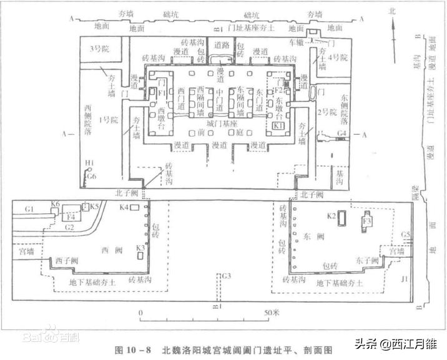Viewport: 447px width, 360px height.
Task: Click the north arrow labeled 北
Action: tap(392, 11)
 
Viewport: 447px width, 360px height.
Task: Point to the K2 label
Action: tap(333, 216)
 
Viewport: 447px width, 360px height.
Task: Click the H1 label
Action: tap(90, 163)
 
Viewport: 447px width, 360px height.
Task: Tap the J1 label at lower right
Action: tap(405, 278)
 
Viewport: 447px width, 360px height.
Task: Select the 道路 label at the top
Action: tap(222, 45)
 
